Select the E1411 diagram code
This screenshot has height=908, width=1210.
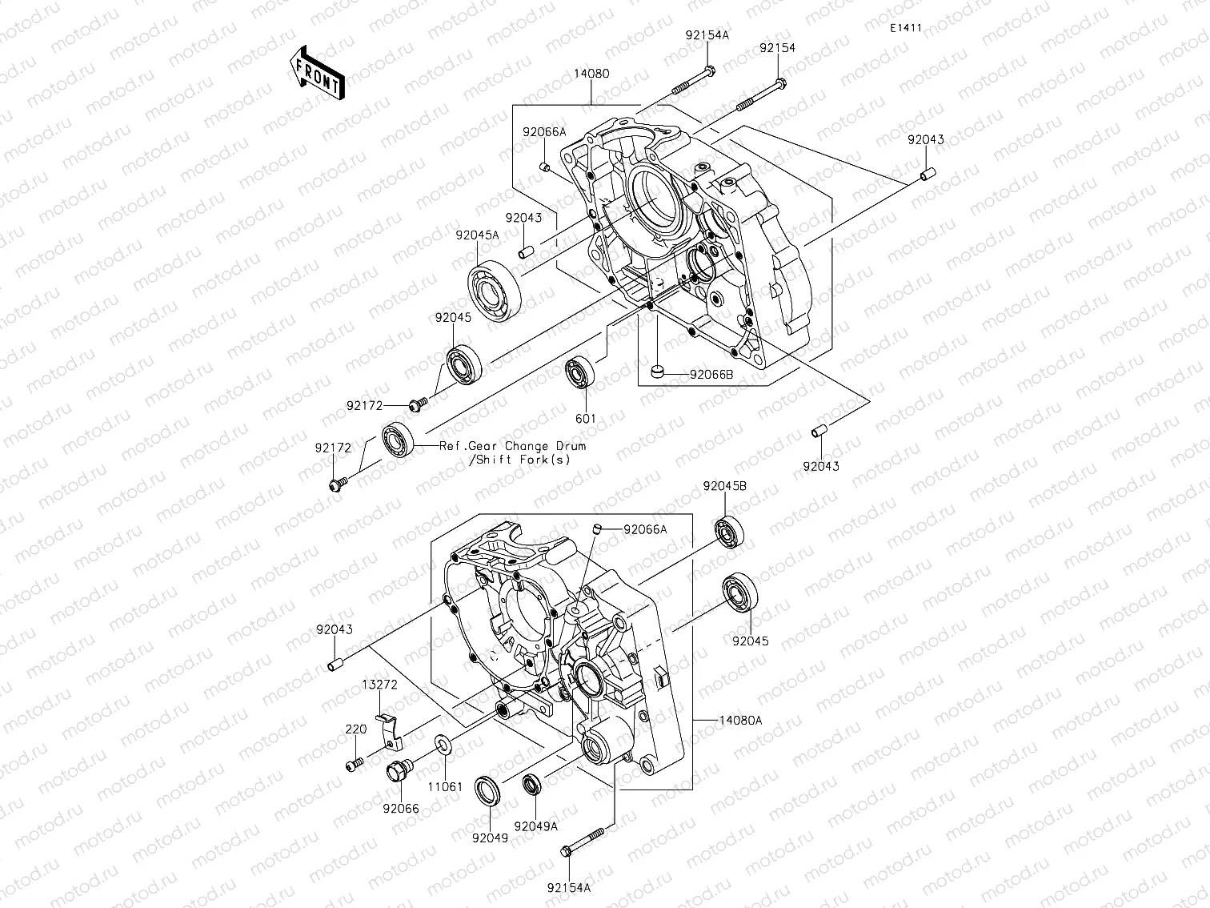coord(905,28)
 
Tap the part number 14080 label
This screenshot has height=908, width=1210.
coord(591,74)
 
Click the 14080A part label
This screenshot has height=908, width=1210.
coord(739,721)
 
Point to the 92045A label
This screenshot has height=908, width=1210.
coord(477,235)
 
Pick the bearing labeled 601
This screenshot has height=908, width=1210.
coord(580,374)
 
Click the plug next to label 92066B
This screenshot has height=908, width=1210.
coord(657,371)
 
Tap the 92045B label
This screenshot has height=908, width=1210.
coord(725,486)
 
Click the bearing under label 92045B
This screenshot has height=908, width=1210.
coord(730,533)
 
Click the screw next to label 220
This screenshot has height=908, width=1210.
coord(354,765)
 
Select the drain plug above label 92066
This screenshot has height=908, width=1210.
coord(397,771)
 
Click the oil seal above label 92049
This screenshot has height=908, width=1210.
coord(488,789)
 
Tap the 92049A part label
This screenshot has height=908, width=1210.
coord(536,826)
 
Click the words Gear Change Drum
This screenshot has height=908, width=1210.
coord(527,446)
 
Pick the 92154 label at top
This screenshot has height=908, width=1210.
coord(777,48)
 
